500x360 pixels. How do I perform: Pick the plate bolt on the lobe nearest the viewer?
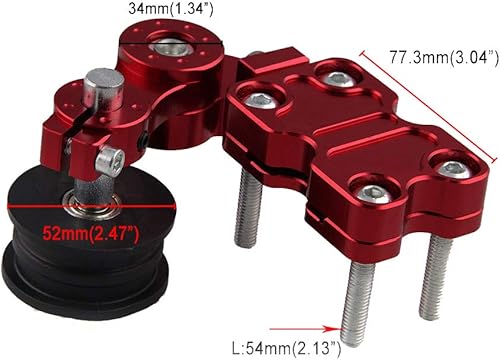[371, 193]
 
